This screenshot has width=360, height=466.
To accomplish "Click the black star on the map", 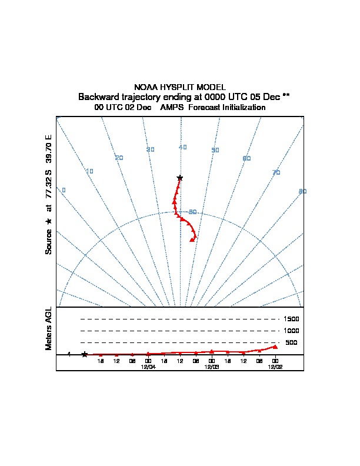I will click(180, 178).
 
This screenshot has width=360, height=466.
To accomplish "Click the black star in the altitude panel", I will click(85, 354).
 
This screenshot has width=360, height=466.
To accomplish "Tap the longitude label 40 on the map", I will click(183, 147).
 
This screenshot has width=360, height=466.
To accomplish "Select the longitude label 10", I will click(89, 171).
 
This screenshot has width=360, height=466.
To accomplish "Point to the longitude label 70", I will click(276, 172).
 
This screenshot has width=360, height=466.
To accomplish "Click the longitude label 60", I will click(246, 159).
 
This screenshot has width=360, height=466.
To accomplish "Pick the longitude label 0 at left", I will click(64, 190).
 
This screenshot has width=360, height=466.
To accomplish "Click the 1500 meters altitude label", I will click(291, 319).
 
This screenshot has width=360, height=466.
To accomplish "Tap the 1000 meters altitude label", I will click(291, 331).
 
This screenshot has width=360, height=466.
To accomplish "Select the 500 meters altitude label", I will click(291, 342).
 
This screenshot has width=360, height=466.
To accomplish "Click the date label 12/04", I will click(148, 367).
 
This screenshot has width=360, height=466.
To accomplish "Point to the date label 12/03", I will click(212, 367).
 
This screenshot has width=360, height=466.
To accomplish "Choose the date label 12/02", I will click(275, 367).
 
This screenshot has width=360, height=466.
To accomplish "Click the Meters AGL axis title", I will click(49, 329).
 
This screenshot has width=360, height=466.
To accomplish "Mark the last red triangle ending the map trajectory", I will click(192, 239).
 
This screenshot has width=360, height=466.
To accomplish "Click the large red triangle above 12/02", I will click(275, 347).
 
